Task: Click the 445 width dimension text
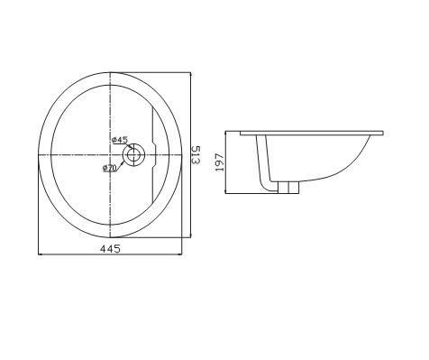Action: [109, 248]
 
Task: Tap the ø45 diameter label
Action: [119, 140]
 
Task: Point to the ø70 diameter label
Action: [111, 167]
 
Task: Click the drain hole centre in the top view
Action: [134, 154]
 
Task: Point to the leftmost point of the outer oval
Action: [37, 154]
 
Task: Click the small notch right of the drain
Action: [157, 154]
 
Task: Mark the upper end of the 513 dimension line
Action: [191, 72]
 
